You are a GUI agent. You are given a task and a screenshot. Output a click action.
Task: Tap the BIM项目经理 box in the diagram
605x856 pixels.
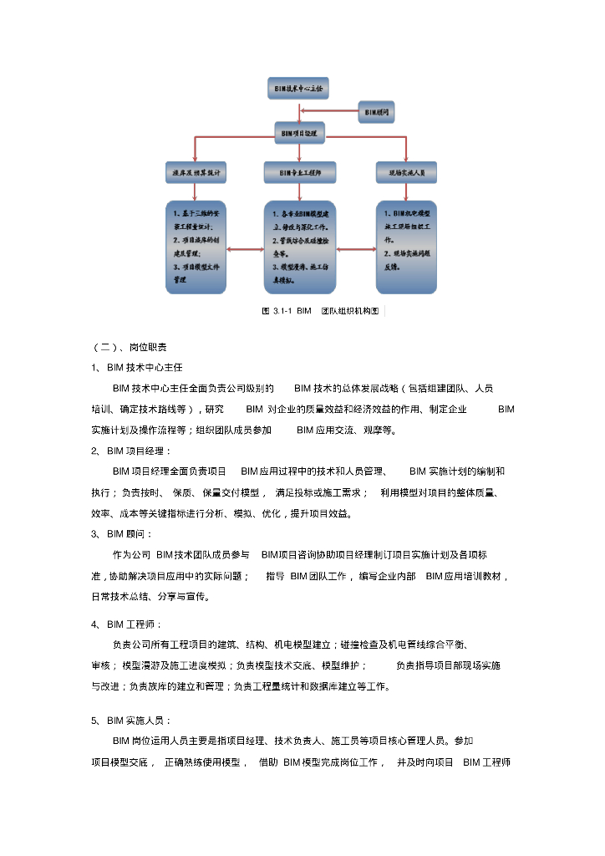pos(300,132)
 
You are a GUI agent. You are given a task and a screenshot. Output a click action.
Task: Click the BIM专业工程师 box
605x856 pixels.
pos(301,173)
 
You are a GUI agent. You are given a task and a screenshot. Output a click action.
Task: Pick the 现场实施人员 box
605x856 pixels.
pos(406,173)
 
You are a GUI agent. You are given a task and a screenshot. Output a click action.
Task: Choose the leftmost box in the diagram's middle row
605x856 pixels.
pos(196,173)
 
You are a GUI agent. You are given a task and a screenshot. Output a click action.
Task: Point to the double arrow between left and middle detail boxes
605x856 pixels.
pos(245,248)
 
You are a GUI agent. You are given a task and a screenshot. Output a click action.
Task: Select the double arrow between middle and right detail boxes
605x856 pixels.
pos(356,248)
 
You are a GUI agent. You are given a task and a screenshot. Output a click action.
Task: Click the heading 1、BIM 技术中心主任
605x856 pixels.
pos(137,367)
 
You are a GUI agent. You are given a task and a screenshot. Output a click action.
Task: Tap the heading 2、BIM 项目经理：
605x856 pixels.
pos(132,451)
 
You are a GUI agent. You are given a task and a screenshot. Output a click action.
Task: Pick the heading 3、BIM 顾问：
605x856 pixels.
pos(123,533)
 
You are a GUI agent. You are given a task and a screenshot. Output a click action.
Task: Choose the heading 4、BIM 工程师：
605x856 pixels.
pos(127,624)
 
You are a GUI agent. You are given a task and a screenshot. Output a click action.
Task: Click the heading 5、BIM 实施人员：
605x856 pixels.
pos(132,720)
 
